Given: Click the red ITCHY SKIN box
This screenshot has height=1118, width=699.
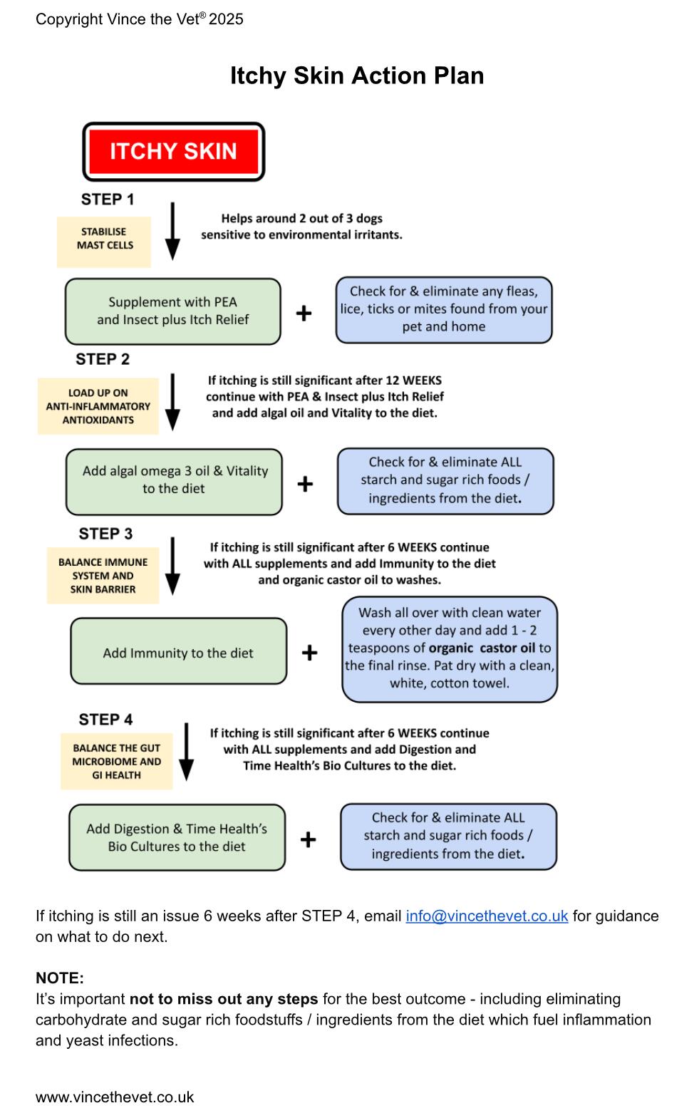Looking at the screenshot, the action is [x=173, y=152].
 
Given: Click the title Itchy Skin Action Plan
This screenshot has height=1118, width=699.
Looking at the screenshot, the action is [x=357, y=76].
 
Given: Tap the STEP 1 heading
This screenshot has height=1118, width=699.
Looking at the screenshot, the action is [x=108, y=199].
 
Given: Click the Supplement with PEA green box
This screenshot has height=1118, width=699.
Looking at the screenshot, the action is [x=172, y=311].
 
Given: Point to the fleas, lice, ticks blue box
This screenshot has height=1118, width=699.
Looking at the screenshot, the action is [x=443, y=309].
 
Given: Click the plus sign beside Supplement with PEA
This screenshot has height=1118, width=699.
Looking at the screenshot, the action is [x=304, y=314].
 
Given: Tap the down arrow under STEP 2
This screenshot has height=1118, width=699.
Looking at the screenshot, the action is [x=172, y=402].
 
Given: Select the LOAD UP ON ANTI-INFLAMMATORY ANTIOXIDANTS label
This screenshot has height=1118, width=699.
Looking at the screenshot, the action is [x=98, y=406].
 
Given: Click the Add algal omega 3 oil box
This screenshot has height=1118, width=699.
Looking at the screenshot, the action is [x=174, y=482].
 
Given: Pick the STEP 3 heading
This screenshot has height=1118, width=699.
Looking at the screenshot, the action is [x=105, y=534].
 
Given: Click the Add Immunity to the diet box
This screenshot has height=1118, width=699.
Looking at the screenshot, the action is [x=179, y=651].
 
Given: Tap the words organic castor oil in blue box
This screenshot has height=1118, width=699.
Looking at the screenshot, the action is [x=482, y=648].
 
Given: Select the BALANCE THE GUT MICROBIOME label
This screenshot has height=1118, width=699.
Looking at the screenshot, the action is [x=117, y=761].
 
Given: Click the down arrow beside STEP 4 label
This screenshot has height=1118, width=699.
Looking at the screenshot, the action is [x=186, y=752].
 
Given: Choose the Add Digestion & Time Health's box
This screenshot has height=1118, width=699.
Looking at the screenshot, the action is [x=177, y=837].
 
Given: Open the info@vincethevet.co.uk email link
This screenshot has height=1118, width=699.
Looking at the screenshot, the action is [x=487, y=916].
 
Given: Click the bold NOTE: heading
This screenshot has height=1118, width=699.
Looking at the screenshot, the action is [x=60, y=978].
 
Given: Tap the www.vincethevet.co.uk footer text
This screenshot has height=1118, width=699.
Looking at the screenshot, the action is [x=115, y=1097].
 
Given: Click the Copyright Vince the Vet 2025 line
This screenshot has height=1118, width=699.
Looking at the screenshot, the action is [x=139, y=19].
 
